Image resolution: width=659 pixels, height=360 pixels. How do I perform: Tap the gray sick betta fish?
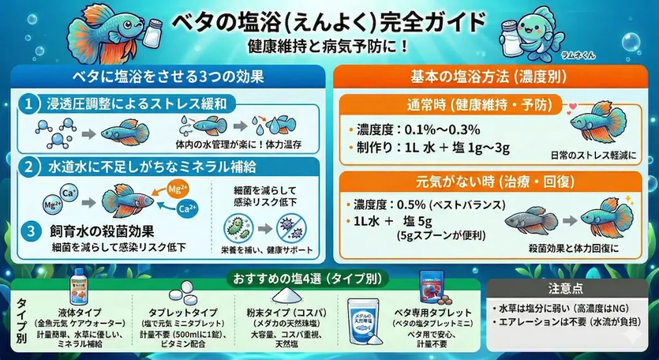click(x=528, y=220)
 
